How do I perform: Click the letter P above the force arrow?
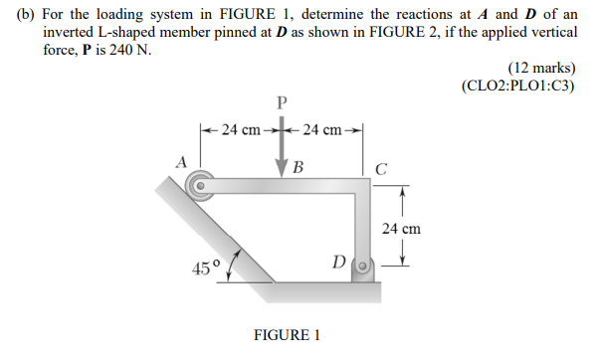[x=281, y=101]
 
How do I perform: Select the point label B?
[x=299, y=166]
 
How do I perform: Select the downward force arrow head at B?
[x=282, y=172]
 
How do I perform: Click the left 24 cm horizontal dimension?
[x=240, y=128]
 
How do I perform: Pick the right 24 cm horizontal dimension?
[x=322, y=128]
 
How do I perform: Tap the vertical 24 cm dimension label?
[x=401, y=229]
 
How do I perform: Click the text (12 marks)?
[x=541, y=68]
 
